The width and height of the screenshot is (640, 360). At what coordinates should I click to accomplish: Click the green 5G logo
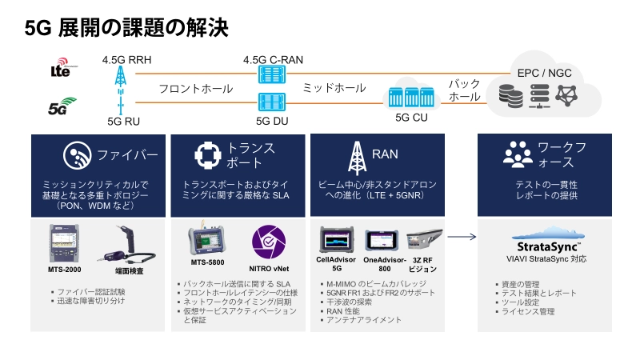tap(62, 105)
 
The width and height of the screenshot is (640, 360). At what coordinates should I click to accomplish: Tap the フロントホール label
tap(196, 89)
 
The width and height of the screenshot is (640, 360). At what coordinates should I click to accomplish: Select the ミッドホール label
tap(329, 89)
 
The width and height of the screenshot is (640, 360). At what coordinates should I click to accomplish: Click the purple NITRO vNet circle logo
tap(268, 242)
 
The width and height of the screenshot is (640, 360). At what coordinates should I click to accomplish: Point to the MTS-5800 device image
tap(207, 242)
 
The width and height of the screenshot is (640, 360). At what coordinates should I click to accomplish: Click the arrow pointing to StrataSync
tap(462, 237)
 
